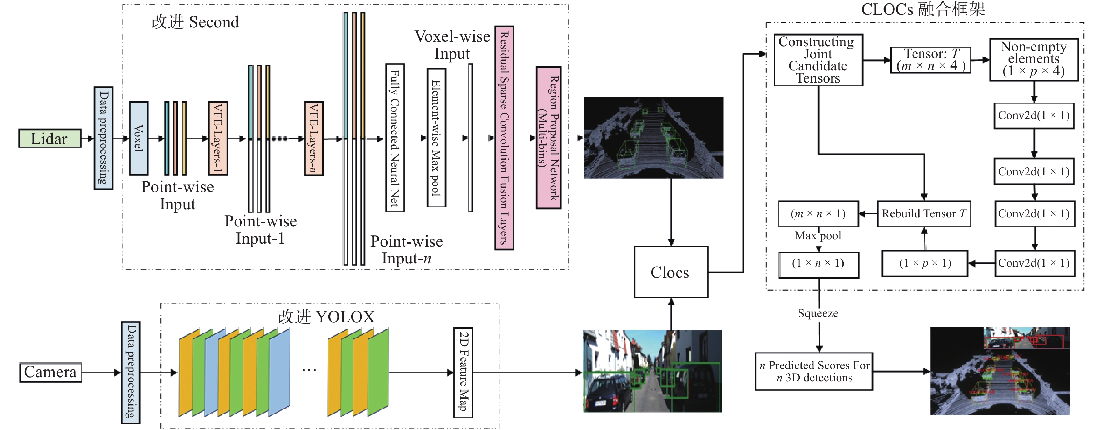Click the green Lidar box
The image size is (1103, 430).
click(50, 139)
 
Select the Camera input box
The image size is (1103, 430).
click(50, 372)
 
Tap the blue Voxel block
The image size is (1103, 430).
click(139, 138)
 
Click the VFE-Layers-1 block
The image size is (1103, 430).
click(218, 138)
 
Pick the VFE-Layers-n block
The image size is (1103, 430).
click(314, 138)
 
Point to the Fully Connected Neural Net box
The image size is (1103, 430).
click(395, 138)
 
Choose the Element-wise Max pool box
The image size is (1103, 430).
click(436, 138)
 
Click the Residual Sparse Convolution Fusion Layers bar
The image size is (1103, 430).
click(504, 138)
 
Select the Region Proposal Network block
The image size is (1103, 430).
click(548, 138)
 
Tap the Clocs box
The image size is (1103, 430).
click(671, 272)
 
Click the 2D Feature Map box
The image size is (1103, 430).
click(463, 372)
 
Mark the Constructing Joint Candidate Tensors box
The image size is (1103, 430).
click(818, 60)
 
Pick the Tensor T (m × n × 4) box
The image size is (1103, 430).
click(930, 60)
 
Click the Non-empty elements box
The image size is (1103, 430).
click(1033, 59)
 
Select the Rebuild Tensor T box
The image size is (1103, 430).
click(924, 213)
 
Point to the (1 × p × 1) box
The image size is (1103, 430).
click(924, 263)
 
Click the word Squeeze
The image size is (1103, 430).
click(818, 313)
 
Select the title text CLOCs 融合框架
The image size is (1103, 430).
click(923, 9)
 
